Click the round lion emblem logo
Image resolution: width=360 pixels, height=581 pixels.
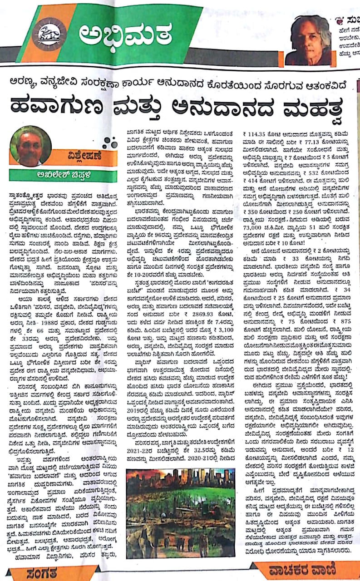49,34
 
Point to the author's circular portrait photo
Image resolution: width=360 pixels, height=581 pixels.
30,145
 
